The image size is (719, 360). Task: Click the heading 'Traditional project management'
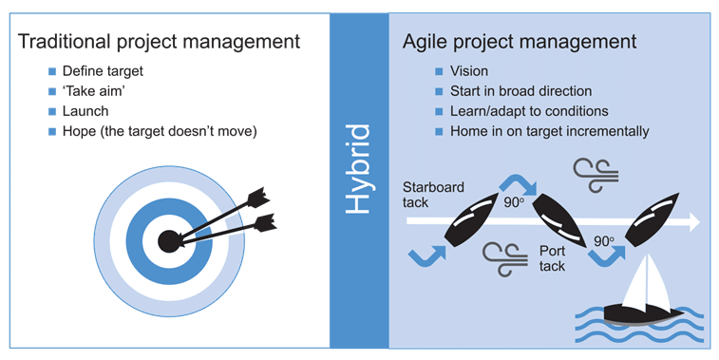[160, 42]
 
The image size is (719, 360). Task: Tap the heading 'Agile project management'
[519, 42]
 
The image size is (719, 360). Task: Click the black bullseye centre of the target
[168, 240]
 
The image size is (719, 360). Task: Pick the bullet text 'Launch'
[85, 111]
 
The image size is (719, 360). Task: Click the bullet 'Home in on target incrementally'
[550, 131]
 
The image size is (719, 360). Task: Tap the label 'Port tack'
[553, 258]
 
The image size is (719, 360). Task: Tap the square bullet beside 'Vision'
[439, 72]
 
